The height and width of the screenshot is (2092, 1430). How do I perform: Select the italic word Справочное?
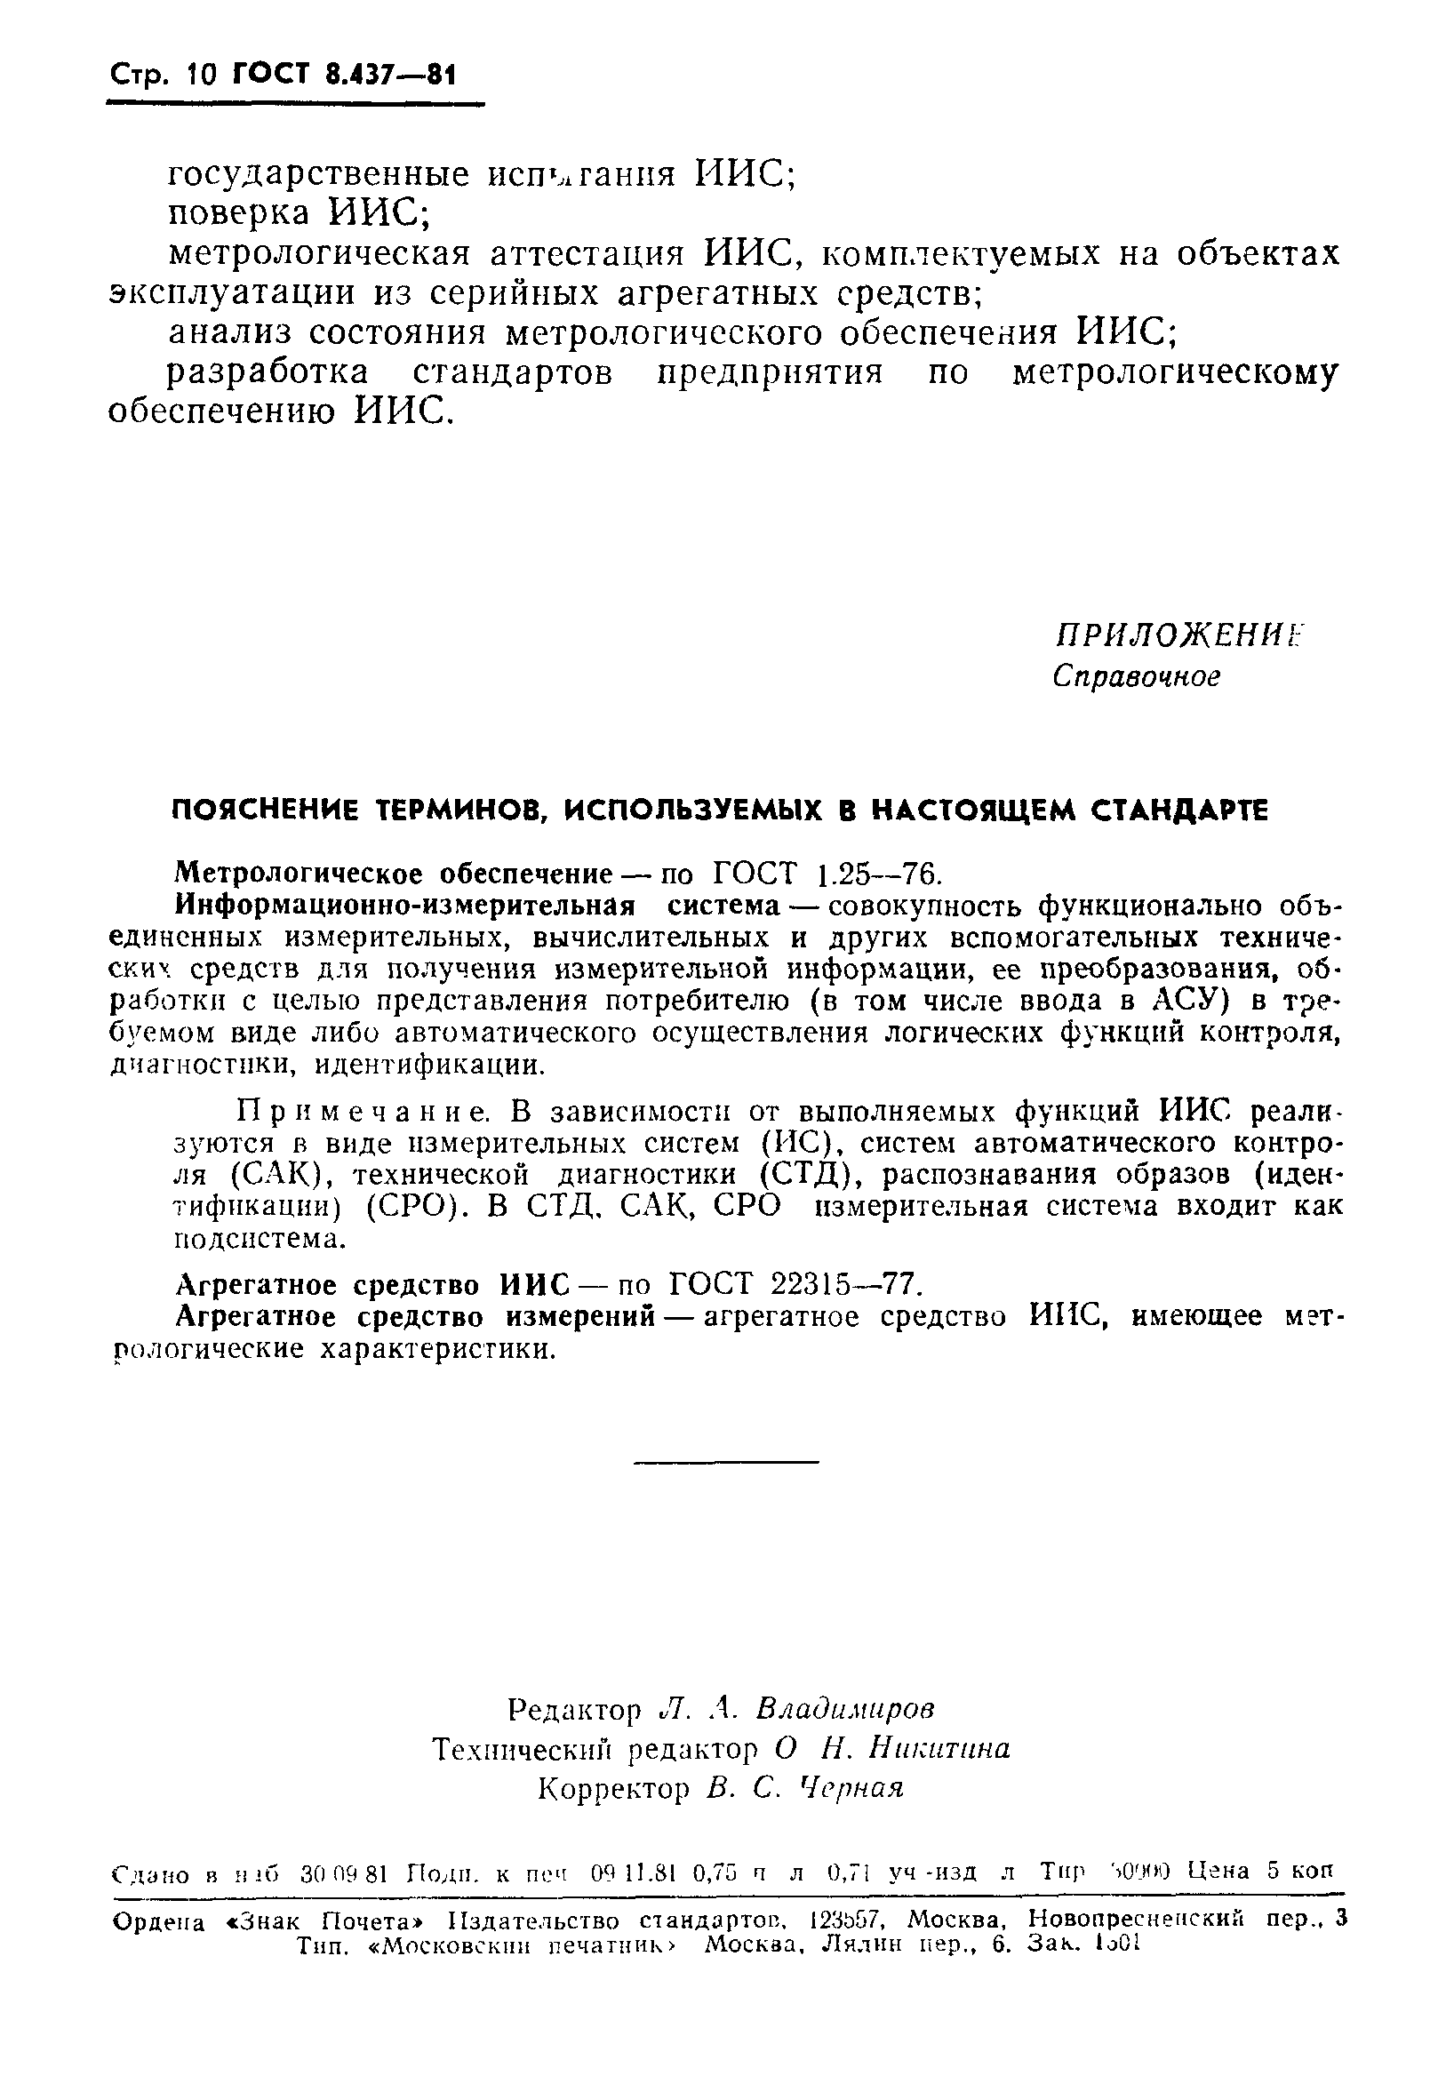coord(1137,676)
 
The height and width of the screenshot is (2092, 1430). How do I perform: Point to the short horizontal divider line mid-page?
coord(726,1460)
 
